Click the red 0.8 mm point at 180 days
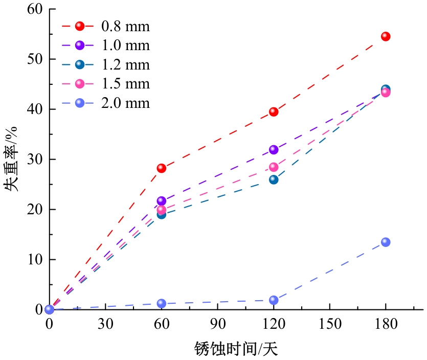[386, 36]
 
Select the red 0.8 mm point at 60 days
[162, 168]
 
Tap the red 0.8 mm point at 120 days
[274, 111]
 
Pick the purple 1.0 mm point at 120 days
[274, 150]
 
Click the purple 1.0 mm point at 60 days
[162, 201]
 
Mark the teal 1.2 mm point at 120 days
[274, 179]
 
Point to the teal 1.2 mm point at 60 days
[162, 214]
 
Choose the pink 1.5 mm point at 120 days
[274, 167]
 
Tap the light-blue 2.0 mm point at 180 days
[386, 242]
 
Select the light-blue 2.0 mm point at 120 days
[274, 300]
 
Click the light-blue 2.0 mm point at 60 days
[162, 303]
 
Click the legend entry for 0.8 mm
[125, 26]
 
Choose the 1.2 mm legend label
[125, 64]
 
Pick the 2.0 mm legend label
[125, 103]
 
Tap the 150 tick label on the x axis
[330, 324]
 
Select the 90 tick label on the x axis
[218, 324]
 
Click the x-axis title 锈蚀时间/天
[236, 349]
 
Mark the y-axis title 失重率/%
[12, 159]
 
